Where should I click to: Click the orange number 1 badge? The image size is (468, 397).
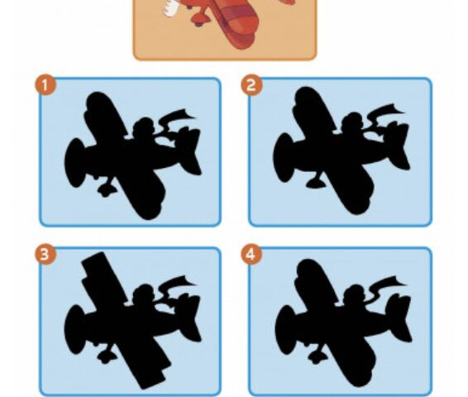click(45, 86)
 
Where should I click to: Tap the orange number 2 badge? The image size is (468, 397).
click(251, 85)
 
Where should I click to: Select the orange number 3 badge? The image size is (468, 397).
click(45, 255)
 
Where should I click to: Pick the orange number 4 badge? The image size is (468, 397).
click(251, 254)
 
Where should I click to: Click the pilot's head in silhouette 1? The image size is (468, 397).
click(145, 126)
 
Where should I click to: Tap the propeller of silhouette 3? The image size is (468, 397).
click(74, 329)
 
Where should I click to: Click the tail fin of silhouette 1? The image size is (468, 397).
click(189, 149)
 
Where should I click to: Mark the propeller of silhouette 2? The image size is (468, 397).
click(283, 158)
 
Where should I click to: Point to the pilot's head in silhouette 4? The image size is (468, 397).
click(356, 294)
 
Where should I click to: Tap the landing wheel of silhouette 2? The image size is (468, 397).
click(316, 183)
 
